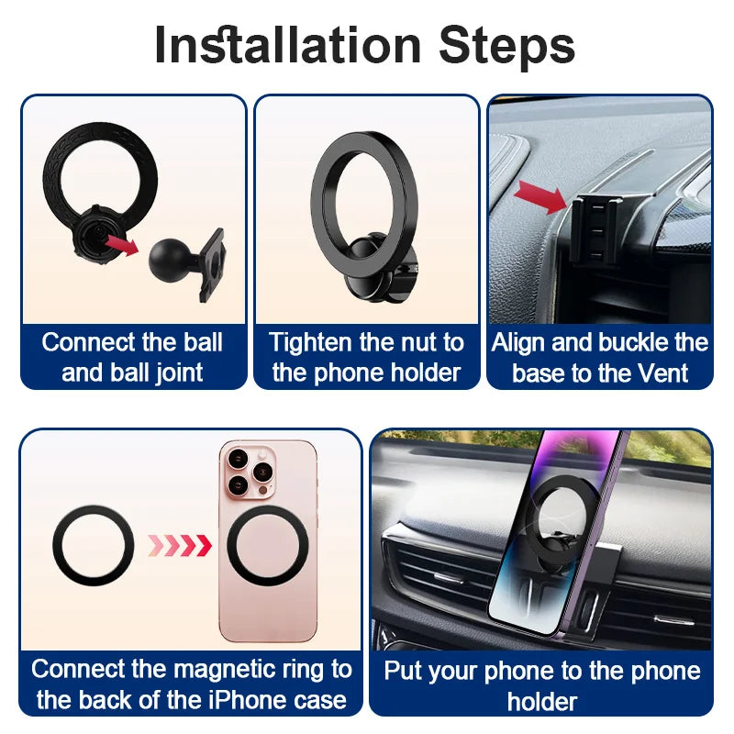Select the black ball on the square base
[x=171, y=260]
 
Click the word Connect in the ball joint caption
[x=87, y=343]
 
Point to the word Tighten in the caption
[x=311, y=343]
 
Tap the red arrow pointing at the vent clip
[x=539, y=195]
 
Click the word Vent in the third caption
[x=662, y=373]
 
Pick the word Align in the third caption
[x=521, y=343]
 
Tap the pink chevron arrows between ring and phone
[x=180, y=546]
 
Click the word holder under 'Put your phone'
[x=541, y=701]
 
